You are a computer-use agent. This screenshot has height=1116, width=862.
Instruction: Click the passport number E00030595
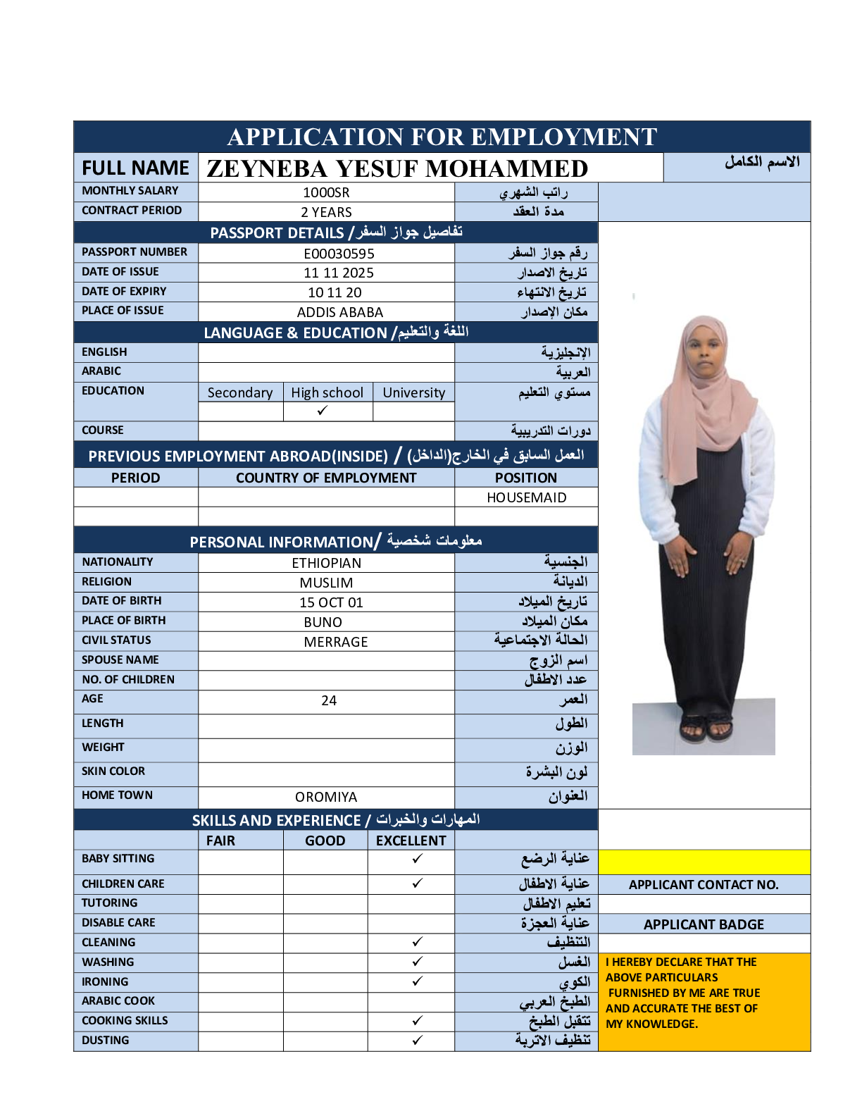tap(339, 254)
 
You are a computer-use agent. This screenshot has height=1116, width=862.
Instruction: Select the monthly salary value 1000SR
tap(326, 192)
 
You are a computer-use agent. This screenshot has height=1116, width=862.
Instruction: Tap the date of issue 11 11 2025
tap(339, 273)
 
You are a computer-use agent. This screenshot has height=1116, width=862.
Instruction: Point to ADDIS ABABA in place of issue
tap(340, 312)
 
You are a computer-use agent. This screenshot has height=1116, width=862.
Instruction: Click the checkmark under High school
tap(323, 411)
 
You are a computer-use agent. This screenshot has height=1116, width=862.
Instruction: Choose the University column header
tap(414, 392)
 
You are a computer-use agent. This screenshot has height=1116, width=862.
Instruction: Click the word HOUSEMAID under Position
tap(526, 497)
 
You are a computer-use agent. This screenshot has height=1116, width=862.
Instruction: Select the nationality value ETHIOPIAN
tap(326, 563)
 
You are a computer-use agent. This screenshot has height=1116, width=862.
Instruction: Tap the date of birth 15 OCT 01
tap(331, 602)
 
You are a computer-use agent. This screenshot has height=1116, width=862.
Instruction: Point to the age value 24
tap(329, 700)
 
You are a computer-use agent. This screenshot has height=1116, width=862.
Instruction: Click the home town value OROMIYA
tap(326, 797)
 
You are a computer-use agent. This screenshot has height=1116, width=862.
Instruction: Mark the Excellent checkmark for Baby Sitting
tap(418, 858)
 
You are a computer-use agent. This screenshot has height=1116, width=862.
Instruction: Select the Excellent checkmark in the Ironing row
tap(418, 981)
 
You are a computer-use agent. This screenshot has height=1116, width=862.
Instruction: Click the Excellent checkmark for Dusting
tap(418, 1040)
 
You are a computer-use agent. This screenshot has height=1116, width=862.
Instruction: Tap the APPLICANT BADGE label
tap(704, 924)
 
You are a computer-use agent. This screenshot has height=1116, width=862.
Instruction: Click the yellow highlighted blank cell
tap(704, 862)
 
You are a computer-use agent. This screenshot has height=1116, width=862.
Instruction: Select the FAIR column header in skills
tap(220, 841)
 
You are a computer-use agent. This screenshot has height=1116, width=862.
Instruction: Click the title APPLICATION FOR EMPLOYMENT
tap(442, 137)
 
